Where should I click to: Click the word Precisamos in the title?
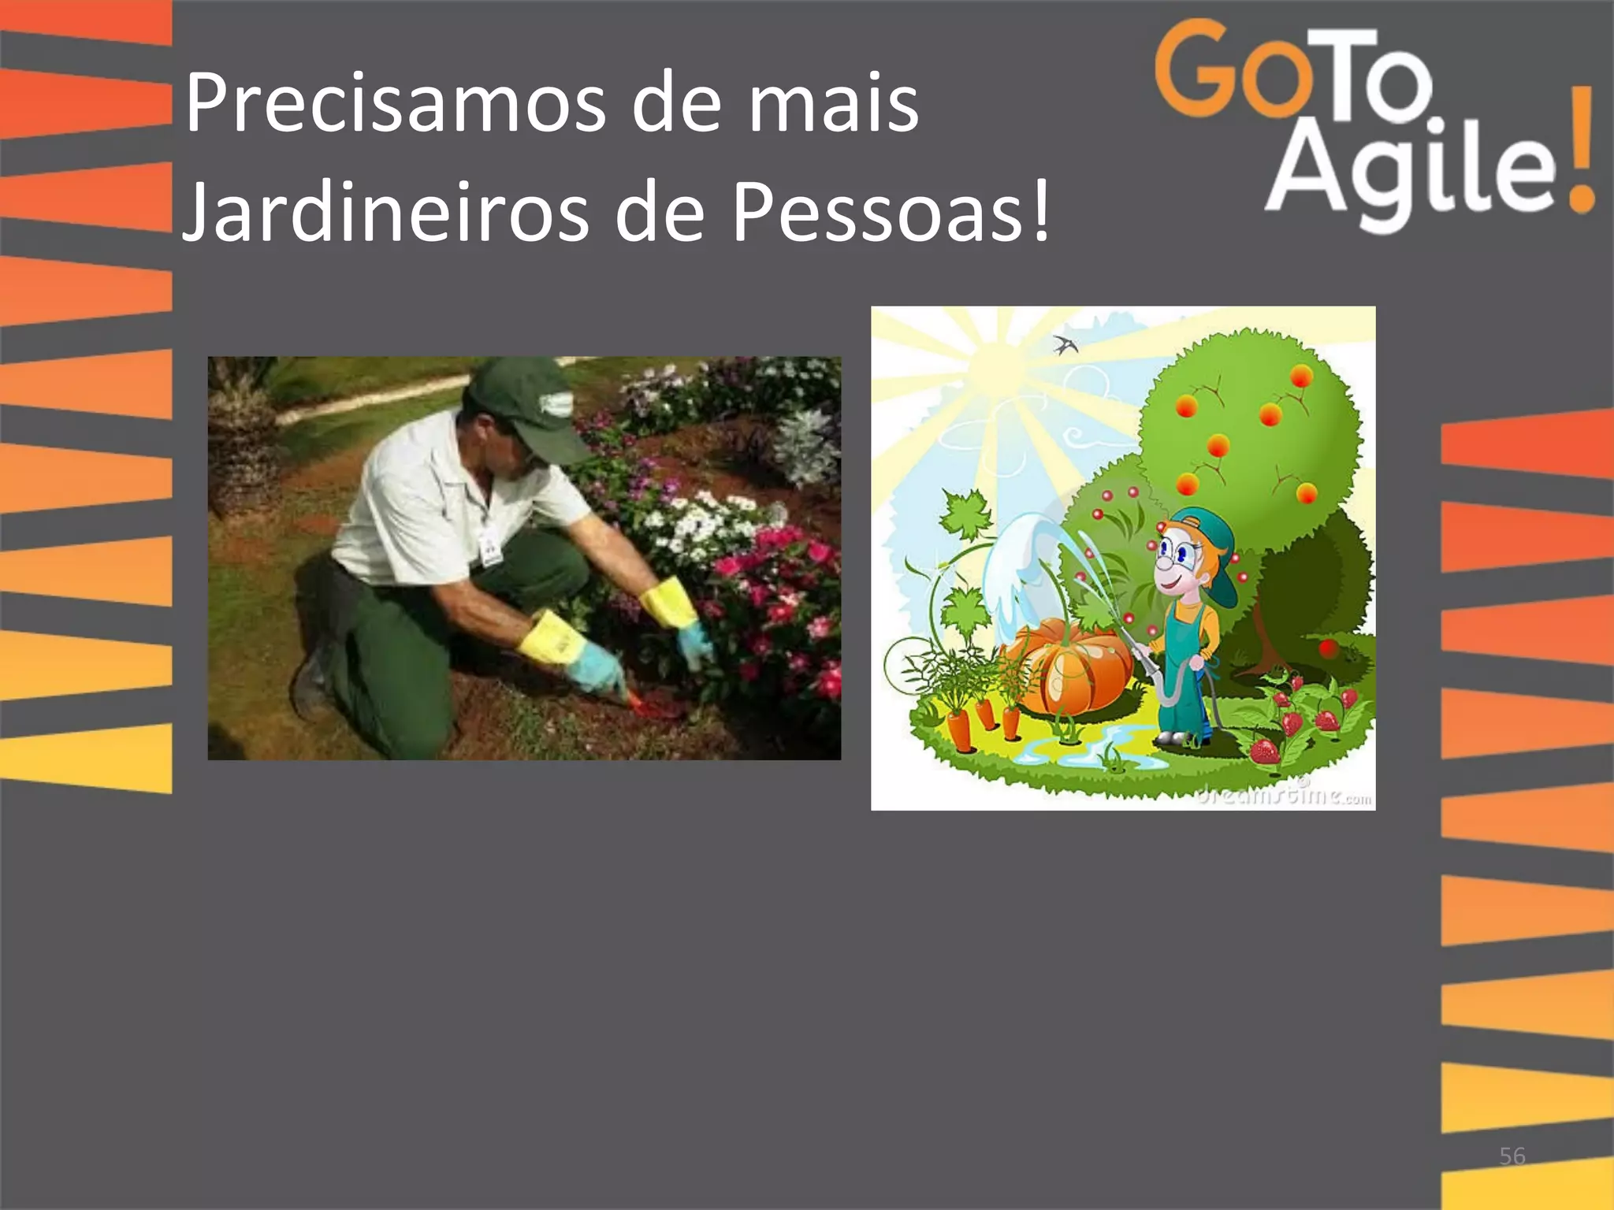[x=394, y=105]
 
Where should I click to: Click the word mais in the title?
[x=833, y=105]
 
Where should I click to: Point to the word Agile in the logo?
[x=1411, y=169]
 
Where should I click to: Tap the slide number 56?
[x=1512, y=1156]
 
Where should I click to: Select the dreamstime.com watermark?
[x=1285, y=794]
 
